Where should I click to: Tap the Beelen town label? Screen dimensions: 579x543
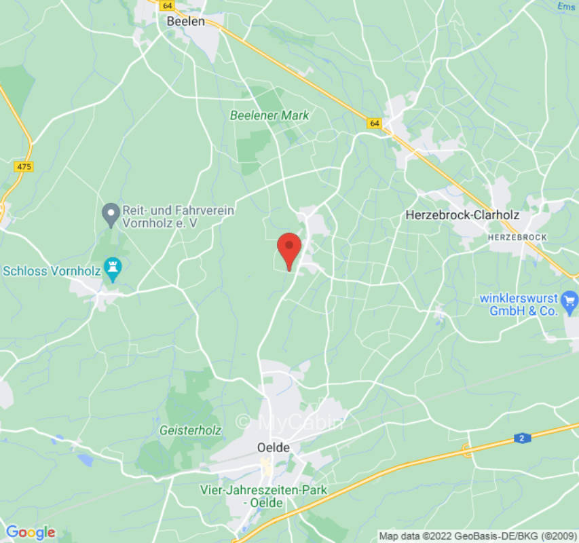tap(185, 22)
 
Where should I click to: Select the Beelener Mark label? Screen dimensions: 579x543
tap(269, 115)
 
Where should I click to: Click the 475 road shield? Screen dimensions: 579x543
tap(23, 166)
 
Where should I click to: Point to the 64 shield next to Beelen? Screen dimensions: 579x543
tap(167, 5)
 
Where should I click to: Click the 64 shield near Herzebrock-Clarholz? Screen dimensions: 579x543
tap(375, 124)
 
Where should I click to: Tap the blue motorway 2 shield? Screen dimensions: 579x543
tap(522, 438)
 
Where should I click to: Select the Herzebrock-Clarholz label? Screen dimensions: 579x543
tap(462, 215)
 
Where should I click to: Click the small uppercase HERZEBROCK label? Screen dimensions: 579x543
tap(517, 237)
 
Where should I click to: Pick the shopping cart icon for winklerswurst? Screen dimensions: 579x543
tap(570, 299)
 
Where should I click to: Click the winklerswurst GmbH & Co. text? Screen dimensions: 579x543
tap(519, 305)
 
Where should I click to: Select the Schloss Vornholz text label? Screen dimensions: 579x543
tap(52, 271)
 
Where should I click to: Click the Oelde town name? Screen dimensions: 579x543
tap(274, 448)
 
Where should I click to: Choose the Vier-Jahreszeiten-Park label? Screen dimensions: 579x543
tap(263, 496)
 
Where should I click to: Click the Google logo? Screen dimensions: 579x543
tap(30, 533)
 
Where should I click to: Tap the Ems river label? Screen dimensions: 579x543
tap(566, 5)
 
